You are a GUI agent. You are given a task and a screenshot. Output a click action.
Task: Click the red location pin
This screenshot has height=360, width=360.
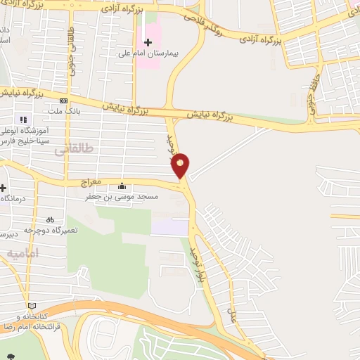tap(181, 165)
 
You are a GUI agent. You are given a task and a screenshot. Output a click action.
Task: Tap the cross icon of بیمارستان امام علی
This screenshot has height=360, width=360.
tap(148, 42)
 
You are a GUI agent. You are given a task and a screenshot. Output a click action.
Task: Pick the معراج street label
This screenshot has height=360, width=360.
tap(92, 181)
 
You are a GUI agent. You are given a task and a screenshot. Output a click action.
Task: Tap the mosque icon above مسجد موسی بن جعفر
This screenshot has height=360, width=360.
tap(122, 186)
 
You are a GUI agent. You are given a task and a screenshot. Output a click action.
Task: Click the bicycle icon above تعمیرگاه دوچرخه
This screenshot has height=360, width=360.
tap(50, 219)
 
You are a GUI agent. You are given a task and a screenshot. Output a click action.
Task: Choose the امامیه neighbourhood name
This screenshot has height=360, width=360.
tap(22, 252)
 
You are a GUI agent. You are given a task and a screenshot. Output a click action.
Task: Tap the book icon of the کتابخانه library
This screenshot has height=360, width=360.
tap(31, 306)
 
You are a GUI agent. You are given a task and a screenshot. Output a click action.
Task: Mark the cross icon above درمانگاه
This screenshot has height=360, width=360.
tap(4, 188)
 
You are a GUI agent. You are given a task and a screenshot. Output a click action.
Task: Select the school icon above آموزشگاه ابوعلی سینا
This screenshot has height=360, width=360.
tap(23, 120)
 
